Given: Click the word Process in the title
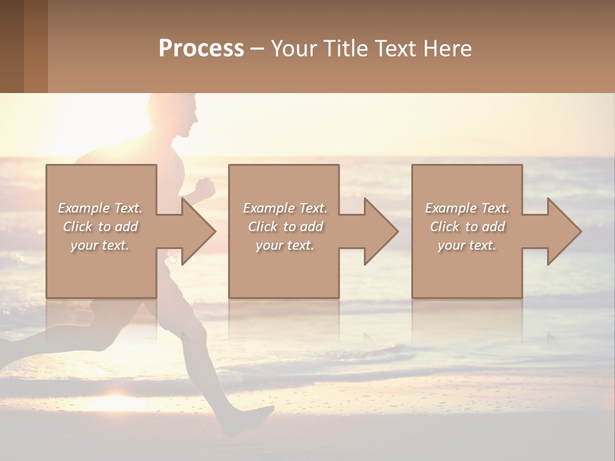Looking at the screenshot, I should coord(201,49).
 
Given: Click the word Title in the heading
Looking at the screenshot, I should coord(344,49).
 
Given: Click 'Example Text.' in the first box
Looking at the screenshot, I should coord(100,208).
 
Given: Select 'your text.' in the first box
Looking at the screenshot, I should coord(100,245).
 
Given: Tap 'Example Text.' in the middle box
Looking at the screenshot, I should coord(285,208).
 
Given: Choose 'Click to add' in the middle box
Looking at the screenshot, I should coord(285,227).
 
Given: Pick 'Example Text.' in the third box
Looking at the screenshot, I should coord(467,208).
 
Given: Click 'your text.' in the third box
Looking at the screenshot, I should coord(467,245).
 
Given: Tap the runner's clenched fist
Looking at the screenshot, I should coord(204,188).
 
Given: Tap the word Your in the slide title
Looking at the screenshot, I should coord(292,49).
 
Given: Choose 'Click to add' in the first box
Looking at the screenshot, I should coord(100,227).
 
